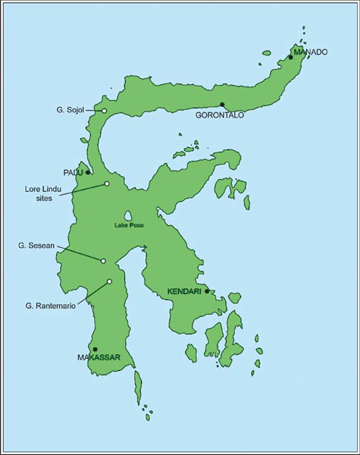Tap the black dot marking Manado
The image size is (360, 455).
[290, 57]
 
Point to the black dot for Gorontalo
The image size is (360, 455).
[222, 105]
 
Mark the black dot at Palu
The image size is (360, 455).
[89, 173]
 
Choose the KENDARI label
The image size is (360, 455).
[183, 291]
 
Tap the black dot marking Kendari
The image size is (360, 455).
[207, 290]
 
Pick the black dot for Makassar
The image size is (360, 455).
[95, 349]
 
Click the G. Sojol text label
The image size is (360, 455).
[70, 110]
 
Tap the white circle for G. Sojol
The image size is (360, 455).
[105, 111]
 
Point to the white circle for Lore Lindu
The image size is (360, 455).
[107, 184]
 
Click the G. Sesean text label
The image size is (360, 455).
[36, 246]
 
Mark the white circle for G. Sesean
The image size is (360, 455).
[103, 261]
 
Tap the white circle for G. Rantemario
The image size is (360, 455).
[109, 281]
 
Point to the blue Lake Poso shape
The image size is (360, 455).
[130, 215]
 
